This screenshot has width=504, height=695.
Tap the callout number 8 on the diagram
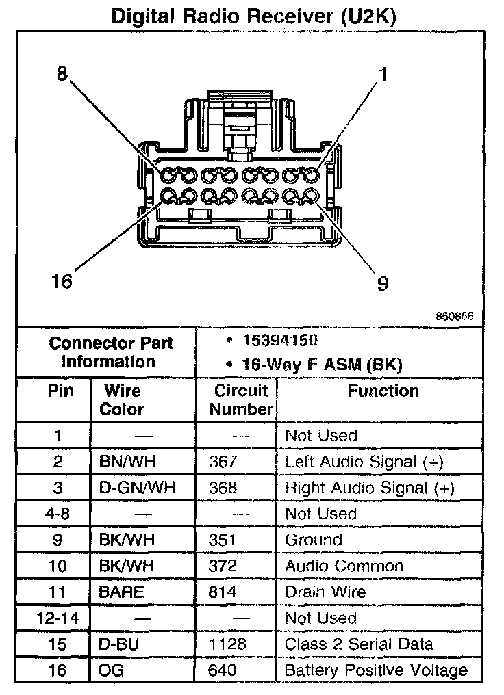click(x=62, y=74)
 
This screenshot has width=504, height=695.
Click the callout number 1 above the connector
click(x=383, y=73)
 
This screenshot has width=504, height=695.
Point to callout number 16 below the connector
click(x=62, y=281)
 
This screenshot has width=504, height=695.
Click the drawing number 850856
click(x=455, y=317)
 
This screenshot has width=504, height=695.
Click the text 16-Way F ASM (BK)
click(x=322, y=365)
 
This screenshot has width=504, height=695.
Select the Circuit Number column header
click(x=240, y=400)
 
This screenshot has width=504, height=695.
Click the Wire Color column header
click(x=123, y=400)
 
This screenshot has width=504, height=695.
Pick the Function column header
click(x=383, y=391)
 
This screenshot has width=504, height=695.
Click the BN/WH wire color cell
click(x=127, y=462)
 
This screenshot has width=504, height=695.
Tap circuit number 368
click(x=223, y=488)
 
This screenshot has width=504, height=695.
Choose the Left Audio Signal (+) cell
click(x=364, y=462)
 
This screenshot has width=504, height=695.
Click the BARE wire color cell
click(x=122, y=592)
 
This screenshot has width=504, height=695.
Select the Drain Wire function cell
click(x=325, y=592)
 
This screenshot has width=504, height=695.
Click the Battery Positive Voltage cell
click(x=376, y=670)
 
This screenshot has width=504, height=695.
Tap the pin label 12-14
click(x=58, y=618)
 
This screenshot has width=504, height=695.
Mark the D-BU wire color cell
click(x=118, y=644)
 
